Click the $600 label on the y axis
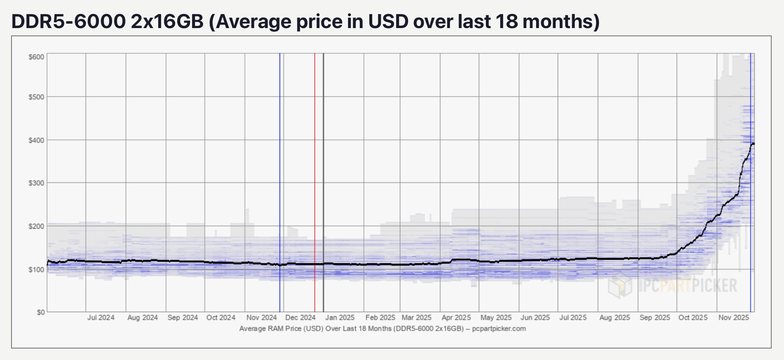[36, 57]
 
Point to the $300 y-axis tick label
[36, 183]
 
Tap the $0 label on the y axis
[40, 312]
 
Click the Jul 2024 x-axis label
[101, 317]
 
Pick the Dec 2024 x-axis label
[300, 317]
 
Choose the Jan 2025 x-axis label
[340, 317]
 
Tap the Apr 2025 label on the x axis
[456, 317]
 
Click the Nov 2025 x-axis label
[734, 317]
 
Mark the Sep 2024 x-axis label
[183, 317]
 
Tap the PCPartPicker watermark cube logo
[620, 285]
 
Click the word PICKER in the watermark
[714, 285]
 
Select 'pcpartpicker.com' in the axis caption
[499, 329]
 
